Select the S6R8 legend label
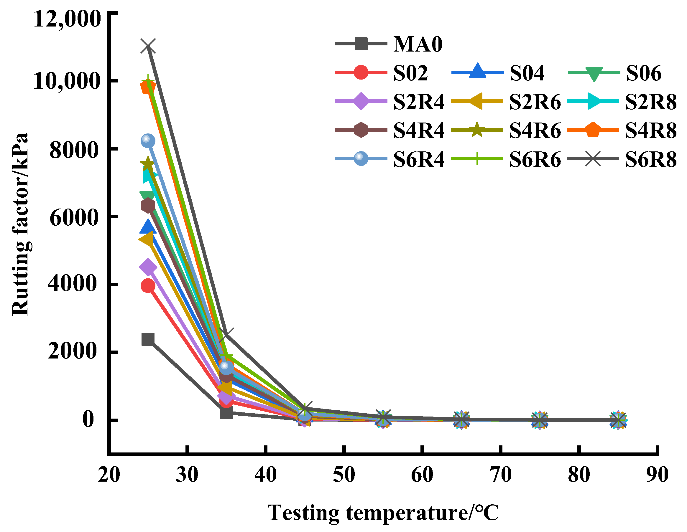[x=650, y=159]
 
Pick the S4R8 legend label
[x=650, y=130]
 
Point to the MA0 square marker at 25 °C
[x=148, y=339]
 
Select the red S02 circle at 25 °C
[x=148, y=286]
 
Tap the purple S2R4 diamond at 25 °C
[x=148, y=267]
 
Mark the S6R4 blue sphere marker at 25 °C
[x=148, y=140]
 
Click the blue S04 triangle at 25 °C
[x=148, y=227]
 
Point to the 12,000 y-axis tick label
[x=67, y=19]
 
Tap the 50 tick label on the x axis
[x=344, y=475]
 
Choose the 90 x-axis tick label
[x=657, y=475]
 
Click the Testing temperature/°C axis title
[x=383, y=513]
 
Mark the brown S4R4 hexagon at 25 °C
[x=148, y=206]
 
